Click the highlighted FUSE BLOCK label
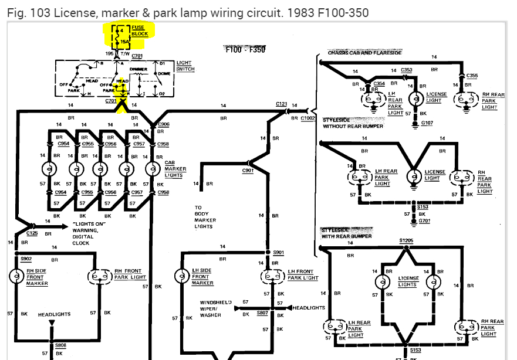pos(140,30)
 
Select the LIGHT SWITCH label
pos(184,66)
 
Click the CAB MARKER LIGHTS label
pos(175,169)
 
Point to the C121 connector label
pos(281,104)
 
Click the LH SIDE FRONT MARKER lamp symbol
pos(182,276)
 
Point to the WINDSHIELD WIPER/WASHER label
pos(215,309)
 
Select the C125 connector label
pos(32,233)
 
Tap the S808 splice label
pos(60,345)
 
